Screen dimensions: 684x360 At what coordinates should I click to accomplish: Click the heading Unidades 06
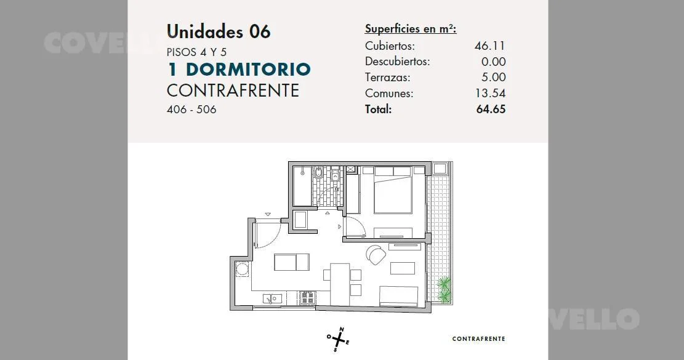click(x=219, y=32)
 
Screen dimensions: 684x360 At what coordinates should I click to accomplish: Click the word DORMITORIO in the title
click(x=248, y=70)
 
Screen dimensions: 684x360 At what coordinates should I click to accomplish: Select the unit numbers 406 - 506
click(x=191, y=110)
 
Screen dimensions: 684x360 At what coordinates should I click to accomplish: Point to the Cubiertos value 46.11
click(x=490, y=46)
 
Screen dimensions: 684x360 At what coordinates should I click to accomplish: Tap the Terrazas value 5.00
click(x=493, y=77)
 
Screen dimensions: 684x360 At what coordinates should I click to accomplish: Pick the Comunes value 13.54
click(x=490, y=94)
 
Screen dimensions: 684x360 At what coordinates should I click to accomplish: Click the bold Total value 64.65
click(x=491, y=109)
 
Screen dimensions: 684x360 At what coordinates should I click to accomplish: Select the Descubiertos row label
click(x=397, y=62)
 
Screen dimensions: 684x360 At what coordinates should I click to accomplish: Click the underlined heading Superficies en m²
click(x=411, y=29)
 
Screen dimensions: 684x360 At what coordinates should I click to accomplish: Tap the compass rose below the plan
click(x=338, y=339)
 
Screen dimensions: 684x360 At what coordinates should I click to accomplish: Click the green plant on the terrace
click(x=444, y=289)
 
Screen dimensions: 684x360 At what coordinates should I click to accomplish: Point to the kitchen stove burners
click(x=308, y=297)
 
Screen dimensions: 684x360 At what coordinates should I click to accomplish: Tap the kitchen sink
click(x=272, y=298)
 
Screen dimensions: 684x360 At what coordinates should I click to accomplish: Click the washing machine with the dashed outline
click(x=242, y=268)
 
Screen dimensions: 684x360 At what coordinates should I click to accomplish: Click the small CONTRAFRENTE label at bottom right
click(x=478, y=339)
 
